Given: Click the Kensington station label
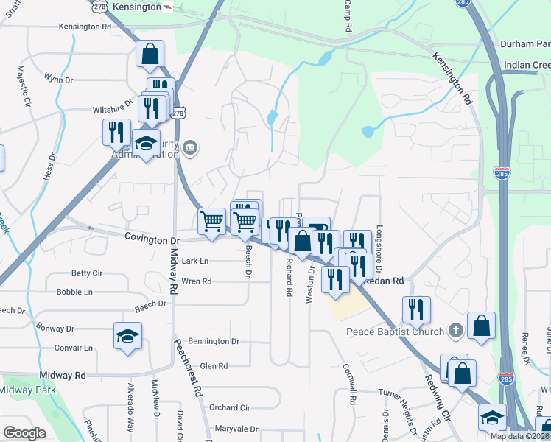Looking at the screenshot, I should tap(138, 7).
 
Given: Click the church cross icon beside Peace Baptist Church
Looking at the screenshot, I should tap(456, 330).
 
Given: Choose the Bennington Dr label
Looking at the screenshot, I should tap(214, 341).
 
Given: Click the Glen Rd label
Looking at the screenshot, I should tap(214, 365).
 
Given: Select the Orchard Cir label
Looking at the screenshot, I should tap(230, 407).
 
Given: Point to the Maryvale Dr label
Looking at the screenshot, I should tap(236, 429).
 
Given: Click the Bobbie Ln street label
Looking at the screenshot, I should tap(74, 292).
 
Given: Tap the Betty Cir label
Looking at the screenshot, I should tap(86, 273).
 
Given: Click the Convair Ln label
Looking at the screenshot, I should tap(73, 348).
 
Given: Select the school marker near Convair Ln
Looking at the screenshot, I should tap(127, 336).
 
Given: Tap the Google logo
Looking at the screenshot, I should tap(24, 433).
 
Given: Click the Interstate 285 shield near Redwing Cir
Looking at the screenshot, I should tap(506, 379).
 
